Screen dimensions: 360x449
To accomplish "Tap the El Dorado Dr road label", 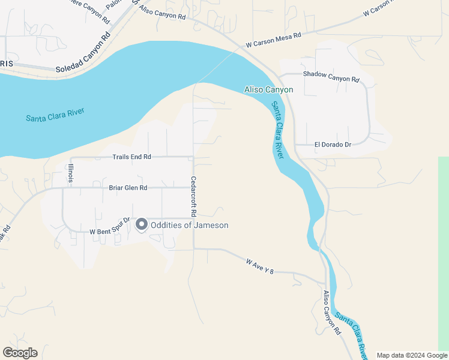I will click(x=332, y=145).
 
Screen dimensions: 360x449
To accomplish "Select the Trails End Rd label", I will click(x=131, y=157).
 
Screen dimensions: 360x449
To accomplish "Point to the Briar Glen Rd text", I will click(x=128, y=188).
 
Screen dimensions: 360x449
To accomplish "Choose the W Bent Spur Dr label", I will click(x=110, y=230).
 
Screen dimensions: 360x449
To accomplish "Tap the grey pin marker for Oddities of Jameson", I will click(x=142, y=224).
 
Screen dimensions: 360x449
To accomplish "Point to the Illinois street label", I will click(x=70, y=173).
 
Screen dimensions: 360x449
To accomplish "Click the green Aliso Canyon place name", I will click(x=268, y=90).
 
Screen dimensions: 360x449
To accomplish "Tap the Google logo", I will click(x=20, y=353).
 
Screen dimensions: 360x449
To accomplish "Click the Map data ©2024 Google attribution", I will click(x=411, y=355).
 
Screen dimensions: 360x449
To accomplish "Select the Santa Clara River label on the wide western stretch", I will click(x=55, y=115).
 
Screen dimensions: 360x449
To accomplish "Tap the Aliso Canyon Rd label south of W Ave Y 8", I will click(x=332, y=313).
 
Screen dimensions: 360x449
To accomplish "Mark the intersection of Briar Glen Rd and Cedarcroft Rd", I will click(x=193, y=188).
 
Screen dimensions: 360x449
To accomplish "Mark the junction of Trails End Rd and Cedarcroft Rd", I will click(x=193, y=157).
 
